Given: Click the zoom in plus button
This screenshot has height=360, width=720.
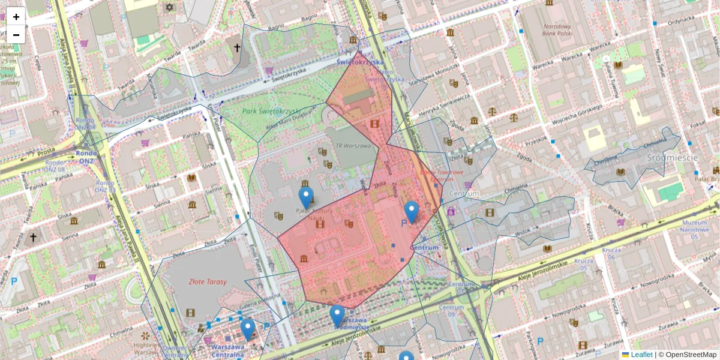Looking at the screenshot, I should pos(16,17).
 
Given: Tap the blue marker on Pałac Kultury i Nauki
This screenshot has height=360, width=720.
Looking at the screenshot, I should pos(306,197).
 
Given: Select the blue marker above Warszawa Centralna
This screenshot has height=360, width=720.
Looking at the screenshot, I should pos(248,329).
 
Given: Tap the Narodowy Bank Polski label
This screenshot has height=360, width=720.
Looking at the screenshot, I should pos(557,31).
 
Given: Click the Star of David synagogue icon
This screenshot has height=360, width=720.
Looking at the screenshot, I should pos(169,8).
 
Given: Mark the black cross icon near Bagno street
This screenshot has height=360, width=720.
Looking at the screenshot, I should pos(237,47).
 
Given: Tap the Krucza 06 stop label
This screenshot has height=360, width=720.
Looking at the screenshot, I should pos(611,253).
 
